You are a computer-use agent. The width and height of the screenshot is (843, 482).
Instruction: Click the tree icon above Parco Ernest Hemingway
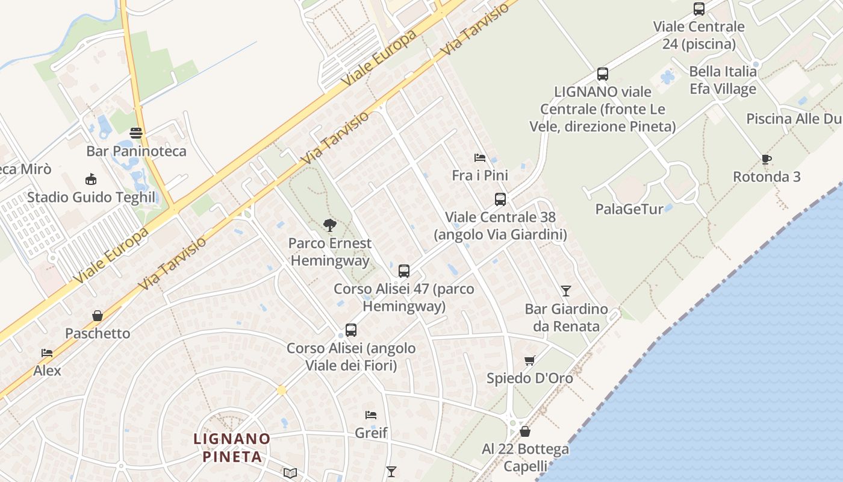[329, 225]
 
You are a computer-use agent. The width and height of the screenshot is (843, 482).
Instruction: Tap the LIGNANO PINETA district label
[232, 448]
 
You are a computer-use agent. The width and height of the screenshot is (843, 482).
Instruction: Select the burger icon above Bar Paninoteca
[136, 133]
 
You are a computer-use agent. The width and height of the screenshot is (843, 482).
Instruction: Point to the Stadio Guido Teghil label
[91, 197]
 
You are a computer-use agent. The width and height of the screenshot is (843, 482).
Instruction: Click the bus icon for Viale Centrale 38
[500, 199]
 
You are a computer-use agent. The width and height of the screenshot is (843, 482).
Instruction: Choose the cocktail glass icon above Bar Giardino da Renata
[565, 291]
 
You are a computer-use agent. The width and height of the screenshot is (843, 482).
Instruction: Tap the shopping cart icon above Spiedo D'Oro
[529, 360]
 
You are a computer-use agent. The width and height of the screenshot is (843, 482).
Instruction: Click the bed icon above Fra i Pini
[480, 158]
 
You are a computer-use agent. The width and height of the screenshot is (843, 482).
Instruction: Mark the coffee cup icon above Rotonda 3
[766, 159]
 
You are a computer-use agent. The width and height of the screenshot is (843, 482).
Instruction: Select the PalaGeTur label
[629, 209]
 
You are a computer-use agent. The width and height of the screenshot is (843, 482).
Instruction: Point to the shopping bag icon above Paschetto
[98, 315]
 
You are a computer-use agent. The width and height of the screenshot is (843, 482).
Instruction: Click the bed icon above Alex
[47, 352]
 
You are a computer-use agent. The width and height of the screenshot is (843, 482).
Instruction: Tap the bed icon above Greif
[371, 415]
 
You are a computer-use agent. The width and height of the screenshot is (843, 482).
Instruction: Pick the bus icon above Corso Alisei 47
[403, 271]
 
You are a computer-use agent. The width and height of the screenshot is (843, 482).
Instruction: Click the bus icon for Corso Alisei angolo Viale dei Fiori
[351, 330]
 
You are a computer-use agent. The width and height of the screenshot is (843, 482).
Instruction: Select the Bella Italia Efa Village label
[723, 80]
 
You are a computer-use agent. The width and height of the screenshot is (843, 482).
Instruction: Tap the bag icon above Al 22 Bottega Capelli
[525, 431]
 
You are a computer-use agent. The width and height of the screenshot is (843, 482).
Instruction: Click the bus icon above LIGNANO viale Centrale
[602, 74]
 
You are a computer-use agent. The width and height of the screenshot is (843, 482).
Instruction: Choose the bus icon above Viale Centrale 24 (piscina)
[698, 9]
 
